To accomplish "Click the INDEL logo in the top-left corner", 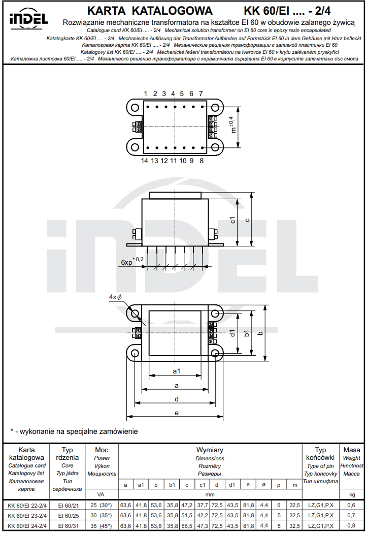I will pos(28,18).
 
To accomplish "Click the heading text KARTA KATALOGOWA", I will pos(150,11).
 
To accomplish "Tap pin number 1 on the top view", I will pos(146,94).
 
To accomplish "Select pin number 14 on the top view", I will pos(145,161).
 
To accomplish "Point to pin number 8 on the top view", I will pos(202,161).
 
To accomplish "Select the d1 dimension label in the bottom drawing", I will pos(232,334).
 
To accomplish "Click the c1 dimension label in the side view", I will pos(233,221).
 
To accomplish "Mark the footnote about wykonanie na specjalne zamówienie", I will pos(74,431).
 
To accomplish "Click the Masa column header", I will pos(352,450).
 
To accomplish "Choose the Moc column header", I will pos(102,450).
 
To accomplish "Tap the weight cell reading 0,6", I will pos(351,505).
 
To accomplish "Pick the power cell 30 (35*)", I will pos(101,515).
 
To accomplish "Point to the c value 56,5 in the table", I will pos(187,525).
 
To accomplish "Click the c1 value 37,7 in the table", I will pos(202,505).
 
